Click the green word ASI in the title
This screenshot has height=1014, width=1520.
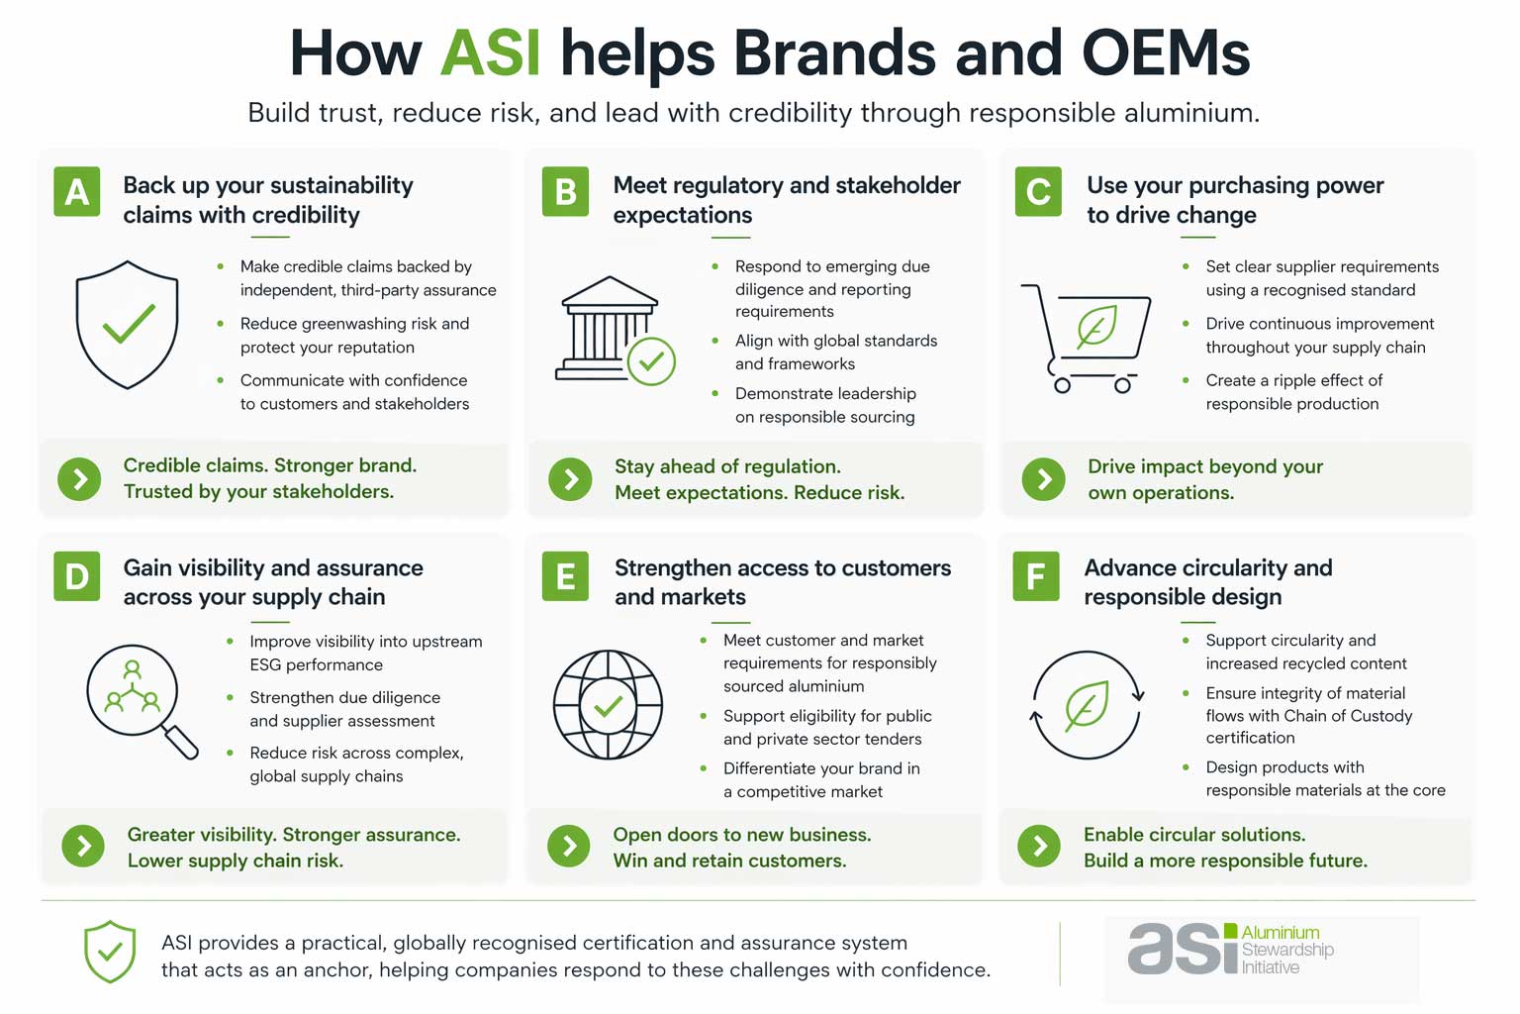point(490,52)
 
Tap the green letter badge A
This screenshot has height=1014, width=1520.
point(76,191)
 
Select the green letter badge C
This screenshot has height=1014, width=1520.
point(1038,191)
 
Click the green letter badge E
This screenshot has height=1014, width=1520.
point(565,576)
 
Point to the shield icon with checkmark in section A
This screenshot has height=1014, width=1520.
point(127,325)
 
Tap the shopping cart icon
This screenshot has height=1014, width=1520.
point(1086,339)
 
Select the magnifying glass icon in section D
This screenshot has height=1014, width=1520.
point(142,701)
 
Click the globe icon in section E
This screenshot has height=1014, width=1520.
point(608,704)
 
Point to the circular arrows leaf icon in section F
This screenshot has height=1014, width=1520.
point(1088,704)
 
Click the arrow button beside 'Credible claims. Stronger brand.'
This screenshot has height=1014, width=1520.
point(79,479)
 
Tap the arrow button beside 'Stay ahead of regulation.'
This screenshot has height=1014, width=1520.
point(570,479)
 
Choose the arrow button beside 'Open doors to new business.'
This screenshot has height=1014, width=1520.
point(569,847)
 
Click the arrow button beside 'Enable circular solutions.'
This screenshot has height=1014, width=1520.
point(1039,847)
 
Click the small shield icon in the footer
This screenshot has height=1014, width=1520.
point(109,952)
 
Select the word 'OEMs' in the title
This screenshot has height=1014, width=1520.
point(1166,52)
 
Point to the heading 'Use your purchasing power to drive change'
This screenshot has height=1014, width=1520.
point(1235,200)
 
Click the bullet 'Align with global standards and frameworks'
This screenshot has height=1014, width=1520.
point(836,352)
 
